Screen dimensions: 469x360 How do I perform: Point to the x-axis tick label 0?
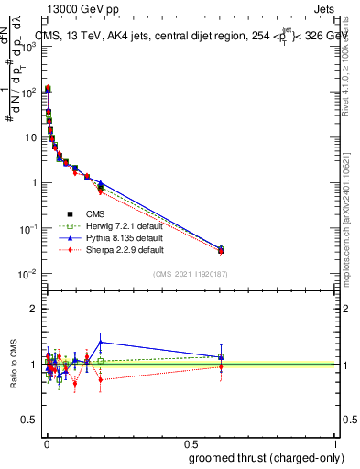pyautogui.click(x=46, y=442)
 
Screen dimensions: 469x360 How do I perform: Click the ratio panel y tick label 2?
pyautogui.click(x=33, y=309)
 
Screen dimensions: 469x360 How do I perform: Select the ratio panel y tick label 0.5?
pyautogui.click(x=30, y=420)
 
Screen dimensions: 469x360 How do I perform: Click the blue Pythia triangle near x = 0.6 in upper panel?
pyautogui.click(x=221, y=247)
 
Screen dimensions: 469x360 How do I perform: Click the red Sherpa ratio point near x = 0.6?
pyautogui.click(x=221, y=367)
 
